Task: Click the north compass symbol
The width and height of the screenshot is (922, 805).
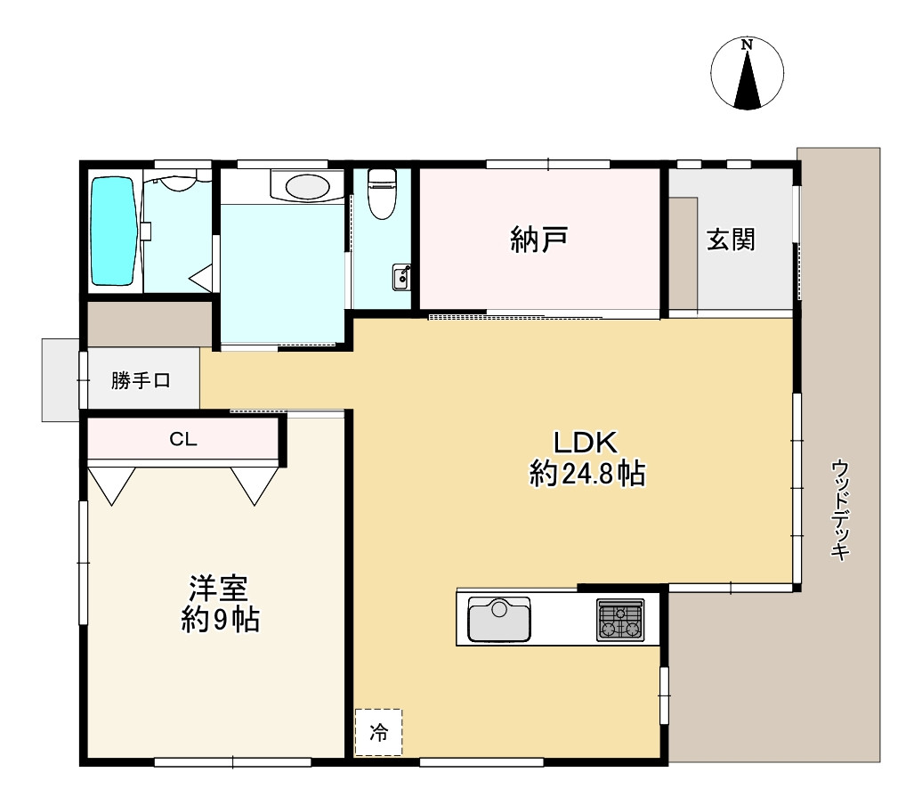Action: click(748, 74)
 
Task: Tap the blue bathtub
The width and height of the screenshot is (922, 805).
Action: click(114, 232)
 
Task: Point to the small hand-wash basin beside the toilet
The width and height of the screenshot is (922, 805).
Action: click(401, 277)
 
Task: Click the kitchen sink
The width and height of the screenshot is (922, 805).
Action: click(499, 619)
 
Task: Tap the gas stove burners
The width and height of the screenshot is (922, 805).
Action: click(620, 620)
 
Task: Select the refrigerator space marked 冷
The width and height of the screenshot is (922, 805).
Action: click(378, 732)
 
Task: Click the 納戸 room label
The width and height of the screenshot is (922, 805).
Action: click(538, 240)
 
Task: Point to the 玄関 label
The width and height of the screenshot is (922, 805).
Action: click(731, 240)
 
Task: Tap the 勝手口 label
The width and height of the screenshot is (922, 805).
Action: click(142, 381)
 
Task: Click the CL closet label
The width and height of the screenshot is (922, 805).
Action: click(182, 439)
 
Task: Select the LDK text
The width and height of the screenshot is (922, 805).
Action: click(586, 443)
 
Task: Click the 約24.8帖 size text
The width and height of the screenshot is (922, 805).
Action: click(587, 473)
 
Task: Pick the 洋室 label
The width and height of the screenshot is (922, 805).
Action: click(219, 588)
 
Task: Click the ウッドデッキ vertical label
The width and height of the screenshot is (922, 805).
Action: click(840, 509)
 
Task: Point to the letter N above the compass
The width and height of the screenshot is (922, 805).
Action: click(747, 45)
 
